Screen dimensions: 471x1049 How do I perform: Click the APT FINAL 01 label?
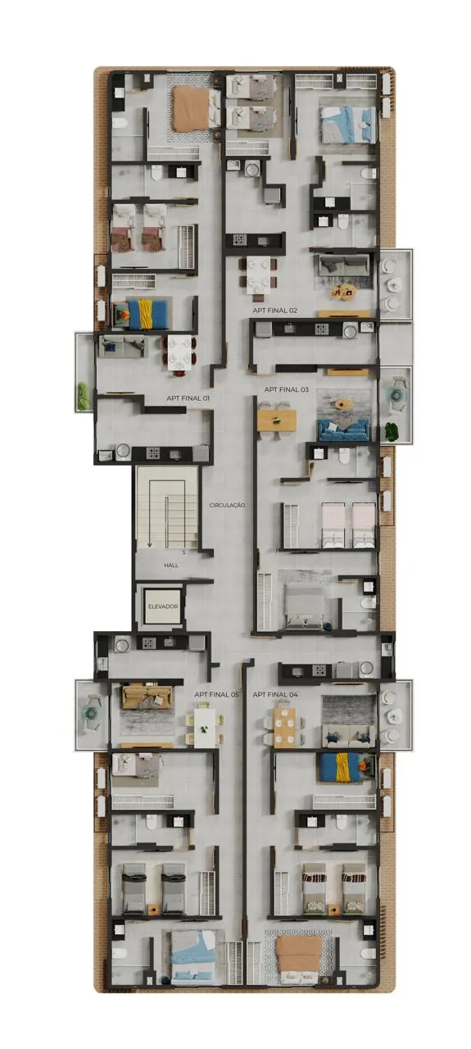coord(188,398)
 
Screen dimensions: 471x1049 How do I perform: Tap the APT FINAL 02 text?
coord(275,311)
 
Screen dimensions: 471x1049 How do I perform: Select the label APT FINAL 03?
coord(287,389)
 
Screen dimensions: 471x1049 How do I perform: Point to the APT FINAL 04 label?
coord(275,694)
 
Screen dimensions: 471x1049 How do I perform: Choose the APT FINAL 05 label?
coord(217,694)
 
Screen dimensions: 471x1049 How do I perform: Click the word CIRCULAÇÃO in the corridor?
coord(228,506)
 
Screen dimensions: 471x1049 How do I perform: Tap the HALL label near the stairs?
coord(171,565)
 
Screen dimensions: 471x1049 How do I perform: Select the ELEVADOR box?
coord(163,606)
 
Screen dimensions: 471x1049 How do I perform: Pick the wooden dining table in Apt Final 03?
coord(277,420)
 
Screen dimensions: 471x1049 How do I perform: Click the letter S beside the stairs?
coord(184,552)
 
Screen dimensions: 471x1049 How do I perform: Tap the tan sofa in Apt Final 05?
coord(147,697)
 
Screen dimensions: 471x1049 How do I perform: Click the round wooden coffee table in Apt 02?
coord(343,293)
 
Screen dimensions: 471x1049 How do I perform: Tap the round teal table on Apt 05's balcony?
coord(89,713)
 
